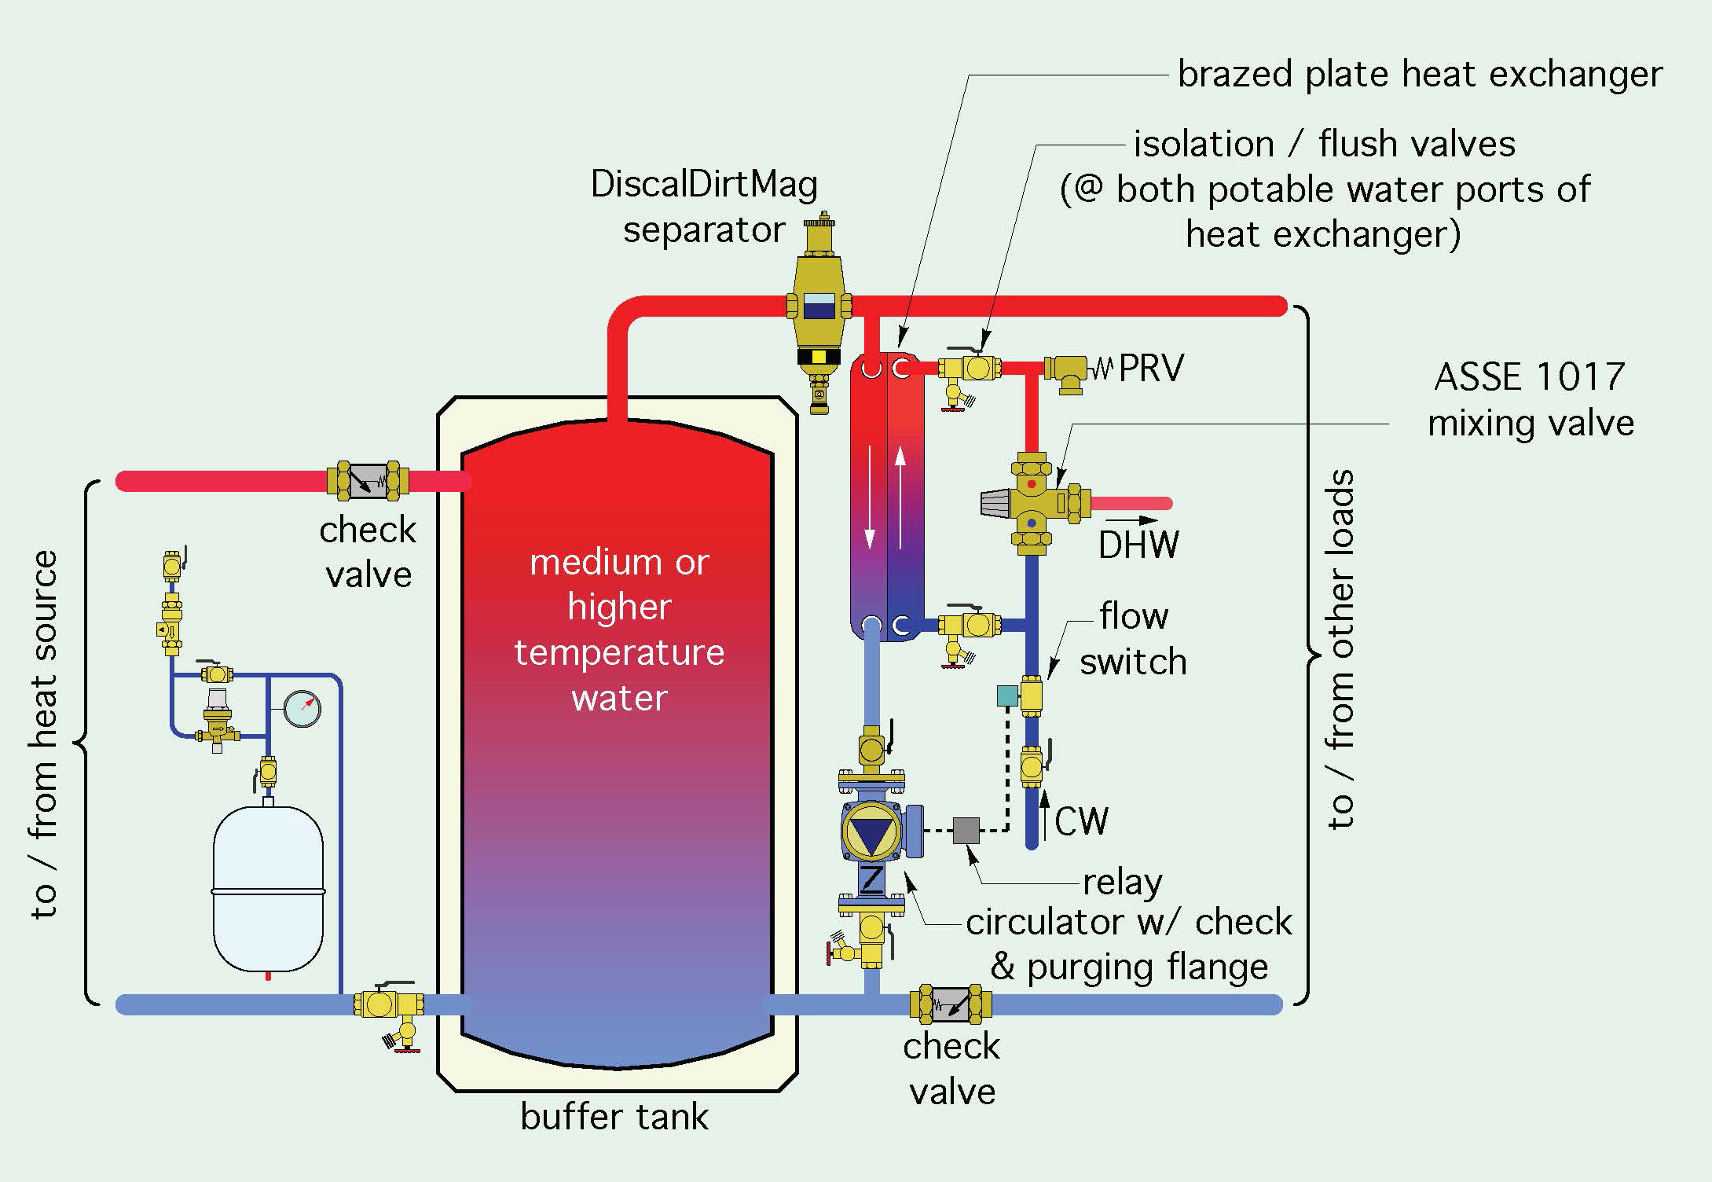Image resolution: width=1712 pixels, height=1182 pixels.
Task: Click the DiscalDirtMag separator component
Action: (819, 307)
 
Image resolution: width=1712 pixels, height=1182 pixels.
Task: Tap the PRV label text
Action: (1150, 368)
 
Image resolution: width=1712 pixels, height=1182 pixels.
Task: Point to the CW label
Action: (1081, 822)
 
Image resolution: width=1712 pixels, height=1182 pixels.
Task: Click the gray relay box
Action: (966, 831)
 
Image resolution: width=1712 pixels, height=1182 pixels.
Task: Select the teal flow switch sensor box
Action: (1007, 696)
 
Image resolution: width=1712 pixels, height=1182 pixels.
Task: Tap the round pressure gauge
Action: (302, 708)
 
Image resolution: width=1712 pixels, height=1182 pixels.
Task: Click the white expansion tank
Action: (268, 888)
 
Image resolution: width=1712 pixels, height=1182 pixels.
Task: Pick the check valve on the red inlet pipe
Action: (368, 481)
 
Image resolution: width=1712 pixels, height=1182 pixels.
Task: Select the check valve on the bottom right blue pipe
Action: (951, 1004)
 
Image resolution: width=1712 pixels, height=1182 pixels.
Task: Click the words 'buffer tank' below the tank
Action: (614, 1117)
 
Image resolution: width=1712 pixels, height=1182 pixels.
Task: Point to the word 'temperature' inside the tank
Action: (619, 653)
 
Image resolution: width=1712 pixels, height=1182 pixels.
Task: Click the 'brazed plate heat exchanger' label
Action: (1420, 74)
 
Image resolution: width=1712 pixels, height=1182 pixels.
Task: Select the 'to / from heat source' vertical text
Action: (45, 735)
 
